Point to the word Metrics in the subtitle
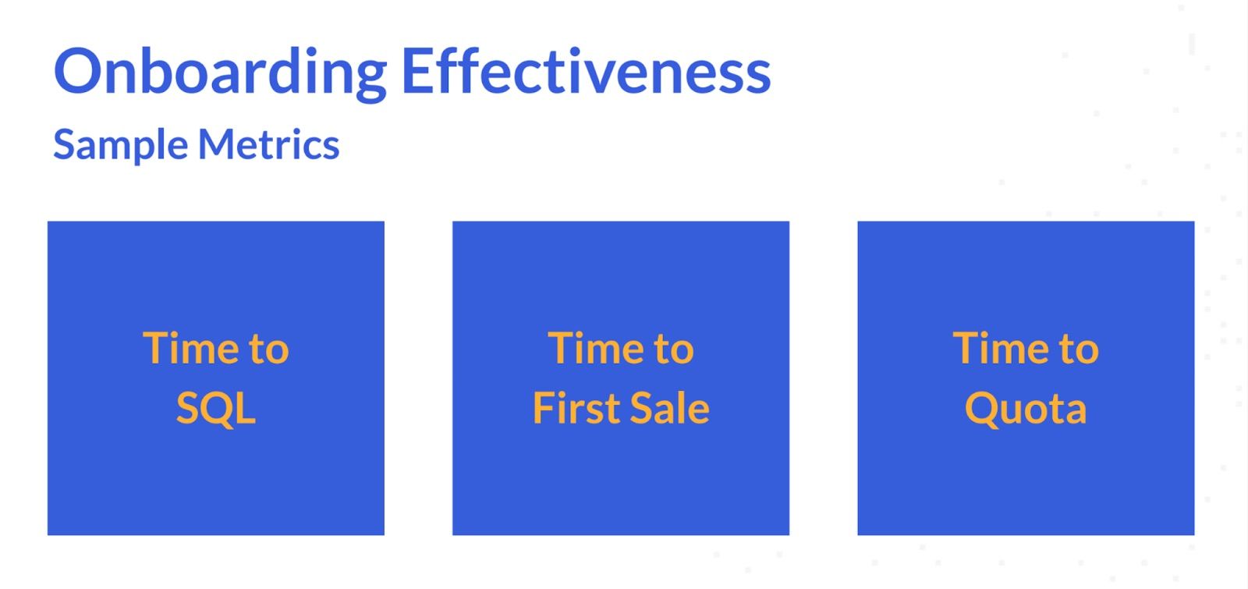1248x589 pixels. pos(268,144)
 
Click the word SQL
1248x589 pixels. pos(215,410)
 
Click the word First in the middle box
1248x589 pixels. pos(576,408)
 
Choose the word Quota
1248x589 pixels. pos(1026,410)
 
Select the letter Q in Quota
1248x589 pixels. pos(984,410)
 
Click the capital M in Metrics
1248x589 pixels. pos(219,144)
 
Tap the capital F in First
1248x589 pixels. pos(544,408)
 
